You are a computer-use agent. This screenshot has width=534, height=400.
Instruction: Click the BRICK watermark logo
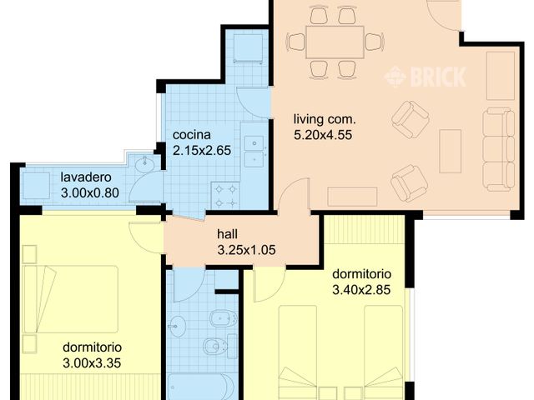tap(425, 77)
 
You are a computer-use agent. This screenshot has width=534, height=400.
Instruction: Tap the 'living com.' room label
tap(325, 119)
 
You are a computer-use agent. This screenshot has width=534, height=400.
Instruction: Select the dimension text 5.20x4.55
tap(323, 135)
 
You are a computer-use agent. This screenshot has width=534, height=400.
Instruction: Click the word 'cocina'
tap(192, 135)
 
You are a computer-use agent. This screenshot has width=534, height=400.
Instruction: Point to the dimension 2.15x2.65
tap(202, 150)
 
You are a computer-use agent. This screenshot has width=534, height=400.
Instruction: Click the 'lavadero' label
tap(86, 177)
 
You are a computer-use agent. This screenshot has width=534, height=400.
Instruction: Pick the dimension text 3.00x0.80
tap(90, 192)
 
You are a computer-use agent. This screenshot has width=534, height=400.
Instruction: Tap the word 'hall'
tap(228, 234)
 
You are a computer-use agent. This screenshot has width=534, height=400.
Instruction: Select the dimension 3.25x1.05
tap(247, 250)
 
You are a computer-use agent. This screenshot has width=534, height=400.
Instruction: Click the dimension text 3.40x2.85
tap(361, 290)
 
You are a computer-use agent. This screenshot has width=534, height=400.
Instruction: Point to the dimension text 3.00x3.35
tap(92, 363)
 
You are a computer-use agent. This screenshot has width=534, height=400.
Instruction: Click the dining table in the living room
tap(335, 42)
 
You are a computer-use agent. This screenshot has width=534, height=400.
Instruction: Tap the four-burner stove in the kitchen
tap(226, 196)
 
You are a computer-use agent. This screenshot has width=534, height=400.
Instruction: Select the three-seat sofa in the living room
tap(499, 149)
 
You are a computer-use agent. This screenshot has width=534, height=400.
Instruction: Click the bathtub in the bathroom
tap(202, 387)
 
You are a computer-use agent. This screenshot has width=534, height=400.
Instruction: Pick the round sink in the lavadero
tap(144, 165)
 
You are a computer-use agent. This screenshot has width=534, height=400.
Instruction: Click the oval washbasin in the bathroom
tap(178, 326)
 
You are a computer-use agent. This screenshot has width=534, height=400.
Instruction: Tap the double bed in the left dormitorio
tap(71, 299)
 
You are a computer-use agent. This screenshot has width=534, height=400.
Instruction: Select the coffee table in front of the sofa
tap(451, 151)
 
